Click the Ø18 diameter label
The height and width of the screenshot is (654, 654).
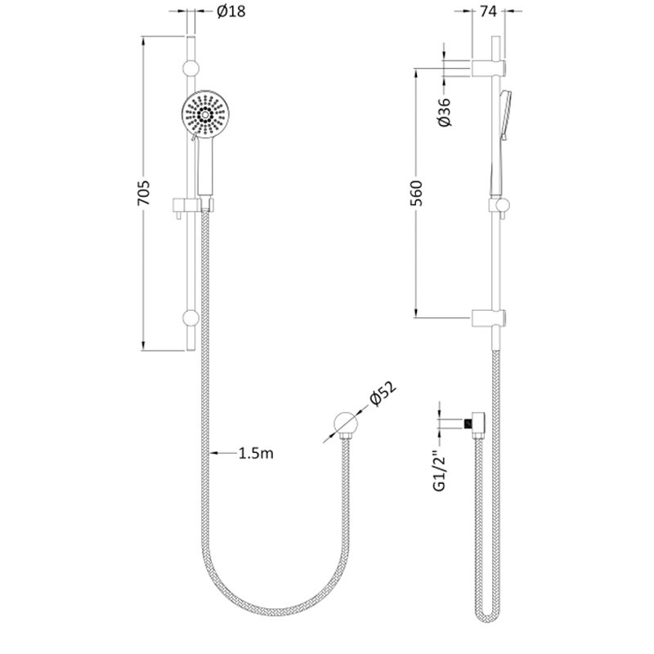[231, 11]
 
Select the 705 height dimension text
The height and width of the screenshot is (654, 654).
[144, 193]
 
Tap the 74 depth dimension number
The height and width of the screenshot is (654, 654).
[488, 11]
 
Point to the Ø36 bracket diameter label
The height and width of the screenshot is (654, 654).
[445, 112]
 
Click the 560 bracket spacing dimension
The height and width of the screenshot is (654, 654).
[417, 193]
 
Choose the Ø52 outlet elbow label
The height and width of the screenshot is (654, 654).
[383, 393]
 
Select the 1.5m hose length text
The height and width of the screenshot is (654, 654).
[256, 453]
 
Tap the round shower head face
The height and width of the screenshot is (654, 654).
[205, 114]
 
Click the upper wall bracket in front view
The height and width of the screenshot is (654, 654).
[191, 68]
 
